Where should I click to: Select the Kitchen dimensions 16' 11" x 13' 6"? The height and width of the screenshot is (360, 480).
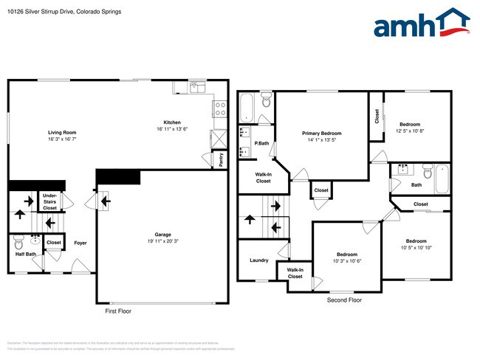[172, 129]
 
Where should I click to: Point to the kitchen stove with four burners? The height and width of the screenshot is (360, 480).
[219, 108]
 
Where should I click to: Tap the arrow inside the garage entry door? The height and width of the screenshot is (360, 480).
[104, 199]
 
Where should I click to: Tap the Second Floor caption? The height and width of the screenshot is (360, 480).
[344, 300]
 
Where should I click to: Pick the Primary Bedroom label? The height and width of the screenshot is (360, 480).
[325, 133]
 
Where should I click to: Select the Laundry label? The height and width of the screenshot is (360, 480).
[258, 260]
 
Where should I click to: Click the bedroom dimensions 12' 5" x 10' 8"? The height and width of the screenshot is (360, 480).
[409, 131]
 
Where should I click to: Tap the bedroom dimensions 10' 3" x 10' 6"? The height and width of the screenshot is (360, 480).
[346, 260]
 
